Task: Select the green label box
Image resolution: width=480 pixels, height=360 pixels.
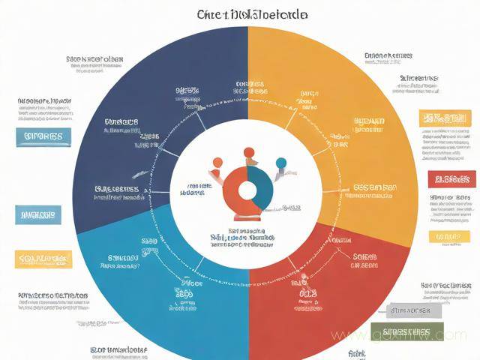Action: pyautogui.click(x=406, y=332)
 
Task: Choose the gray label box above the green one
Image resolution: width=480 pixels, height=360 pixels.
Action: pyautogui.click(x=409, y=310)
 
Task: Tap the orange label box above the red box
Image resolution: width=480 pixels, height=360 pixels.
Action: pyautogui.click(x=445, y=118)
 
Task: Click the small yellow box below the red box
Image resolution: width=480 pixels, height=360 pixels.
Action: pyautogui.click(x=448, y=237)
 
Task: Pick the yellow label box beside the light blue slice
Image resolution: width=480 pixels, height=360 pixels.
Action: pyautogui.click(x=44, y=259)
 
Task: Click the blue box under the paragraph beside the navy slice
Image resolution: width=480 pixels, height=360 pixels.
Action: pyautogui.click(x=43, y=137)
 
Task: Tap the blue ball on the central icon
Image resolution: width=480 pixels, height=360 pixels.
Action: pyautogui.click(x=281, y=163)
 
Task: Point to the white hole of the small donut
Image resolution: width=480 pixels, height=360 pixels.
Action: pyautogui.click(x=247, y=187)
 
